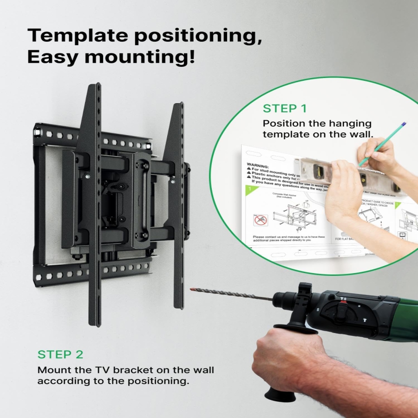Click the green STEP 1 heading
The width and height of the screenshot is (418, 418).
click(x=285, y=109)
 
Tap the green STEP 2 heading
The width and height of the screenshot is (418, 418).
click(x=60, y=354)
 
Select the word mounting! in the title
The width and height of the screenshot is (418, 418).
click(x=139, y=57)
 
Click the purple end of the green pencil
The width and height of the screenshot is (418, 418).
click(x=404, y=124)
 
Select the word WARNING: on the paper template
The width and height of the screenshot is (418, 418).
click(x=258, y=165)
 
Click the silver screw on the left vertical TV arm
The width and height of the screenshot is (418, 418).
click(x=87, y=176)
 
